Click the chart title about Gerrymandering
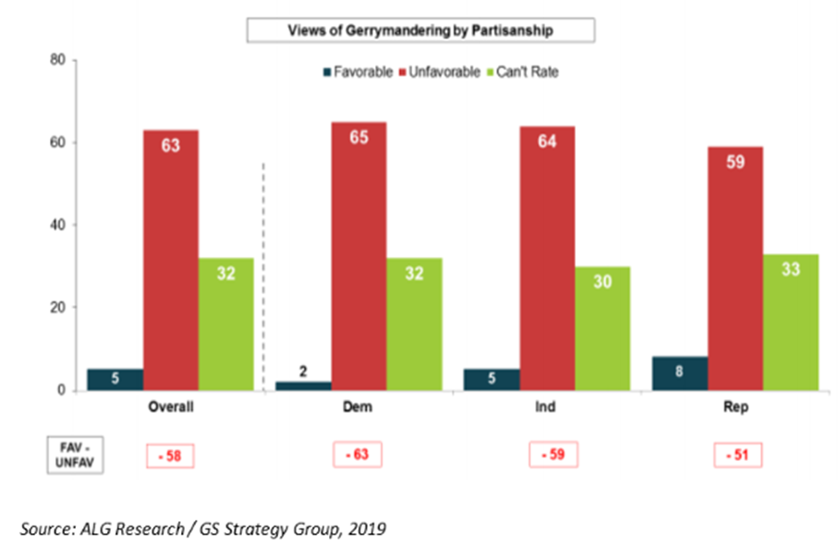419,30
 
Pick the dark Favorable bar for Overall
115,379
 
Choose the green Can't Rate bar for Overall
225,323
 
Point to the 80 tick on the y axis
57,61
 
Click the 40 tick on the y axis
57,225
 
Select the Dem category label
358,407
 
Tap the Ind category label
547,407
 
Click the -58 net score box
170,455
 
